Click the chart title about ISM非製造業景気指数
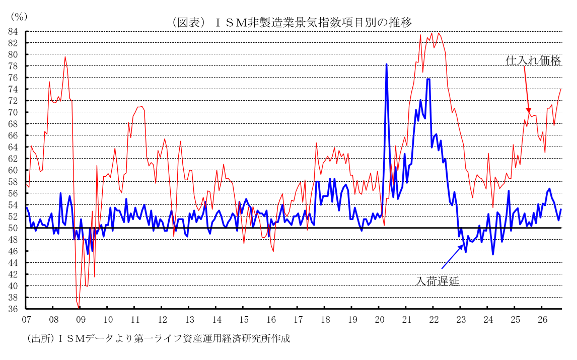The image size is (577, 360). point(292,23)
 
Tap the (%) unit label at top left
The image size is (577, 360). point(19,17)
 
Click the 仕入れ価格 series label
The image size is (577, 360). point(533,61)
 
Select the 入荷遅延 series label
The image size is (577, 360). point(437,281)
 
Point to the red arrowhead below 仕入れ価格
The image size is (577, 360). point(529,110)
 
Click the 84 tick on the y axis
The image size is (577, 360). point(13,32)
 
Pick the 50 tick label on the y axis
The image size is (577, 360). point(13,228)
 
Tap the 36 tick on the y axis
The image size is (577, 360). point(13,309)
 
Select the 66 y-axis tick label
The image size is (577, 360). point(13,136)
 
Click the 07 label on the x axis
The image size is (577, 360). point(27,320)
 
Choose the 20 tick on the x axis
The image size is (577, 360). point(380,320)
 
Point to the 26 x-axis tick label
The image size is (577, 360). point(543,320)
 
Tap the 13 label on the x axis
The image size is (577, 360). point(189,320)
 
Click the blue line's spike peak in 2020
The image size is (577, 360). point(386,64)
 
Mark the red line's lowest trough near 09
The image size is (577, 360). point(79,307)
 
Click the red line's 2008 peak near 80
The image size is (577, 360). point(65,57)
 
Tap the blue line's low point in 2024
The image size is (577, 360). point(493,254)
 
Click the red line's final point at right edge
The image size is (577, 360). point(561,89)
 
